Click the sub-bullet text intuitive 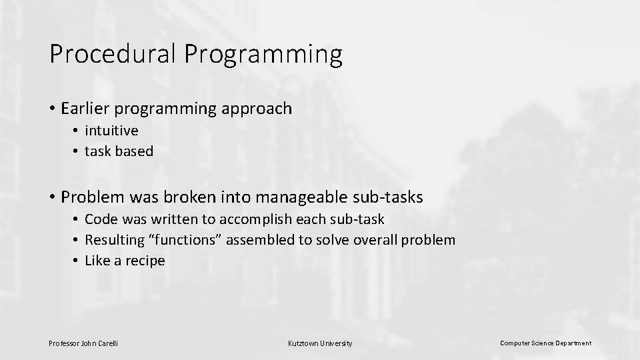(111, 131)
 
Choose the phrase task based (119, 151)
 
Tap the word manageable (303, 197)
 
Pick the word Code (100, 219)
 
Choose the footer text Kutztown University (319, 343)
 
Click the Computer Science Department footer (545, 343)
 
